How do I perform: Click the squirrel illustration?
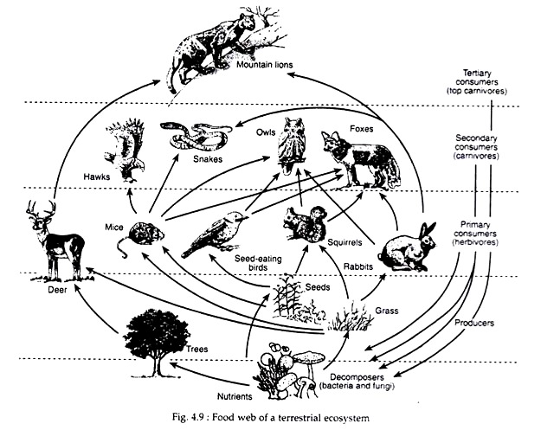click(305, 227)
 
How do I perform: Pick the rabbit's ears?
click(426, 232)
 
